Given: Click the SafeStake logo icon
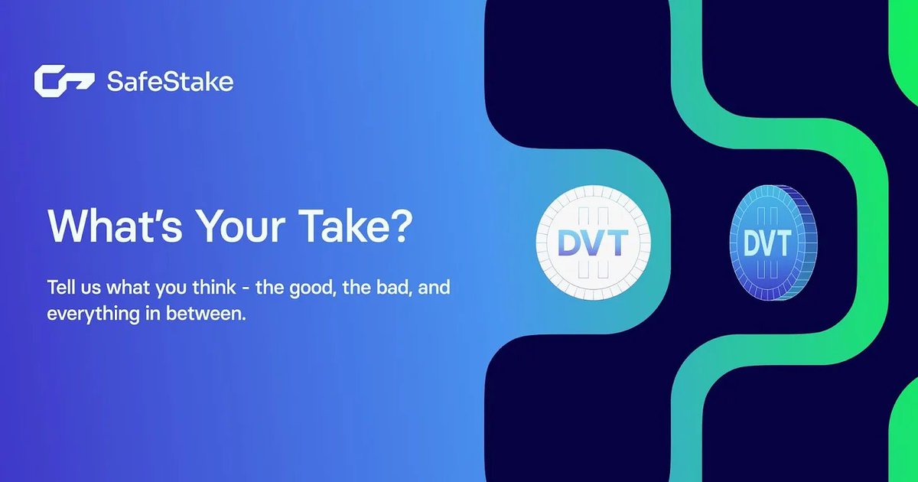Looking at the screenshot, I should [63, 81].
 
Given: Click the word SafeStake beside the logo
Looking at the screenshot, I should [171, 81].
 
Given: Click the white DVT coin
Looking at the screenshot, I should [593, 245].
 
